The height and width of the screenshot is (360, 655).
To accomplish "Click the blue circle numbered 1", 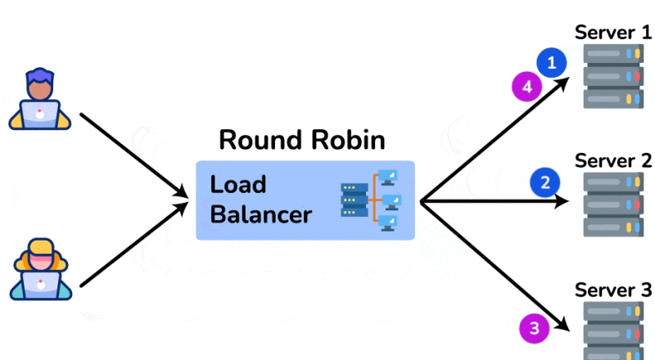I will (x=553, y=61).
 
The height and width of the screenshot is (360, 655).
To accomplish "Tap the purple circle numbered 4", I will (x=526, y=85).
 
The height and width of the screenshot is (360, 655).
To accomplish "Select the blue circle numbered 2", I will (x=545, y=182).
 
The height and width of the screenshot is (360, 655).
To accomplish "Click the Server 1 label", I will (x=613, y=33).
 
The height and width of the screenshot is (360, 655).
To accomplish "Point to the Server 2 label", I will (x=613, y=160).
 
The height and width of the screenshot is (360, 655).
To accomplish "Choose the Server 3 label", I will (x=613, y=290).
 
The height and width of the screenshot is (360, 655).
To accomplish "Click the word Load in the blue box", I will (x=238, y=184).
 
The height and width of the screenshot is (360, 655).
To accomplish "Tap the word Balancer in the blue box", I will (x=261, y=214).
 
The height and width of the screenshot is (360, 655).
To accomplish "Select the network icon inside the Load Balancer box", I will (x=370, y=200).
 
